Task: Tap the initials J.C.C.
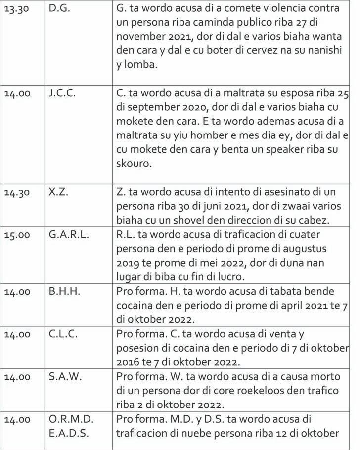[x=62, y=93]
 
